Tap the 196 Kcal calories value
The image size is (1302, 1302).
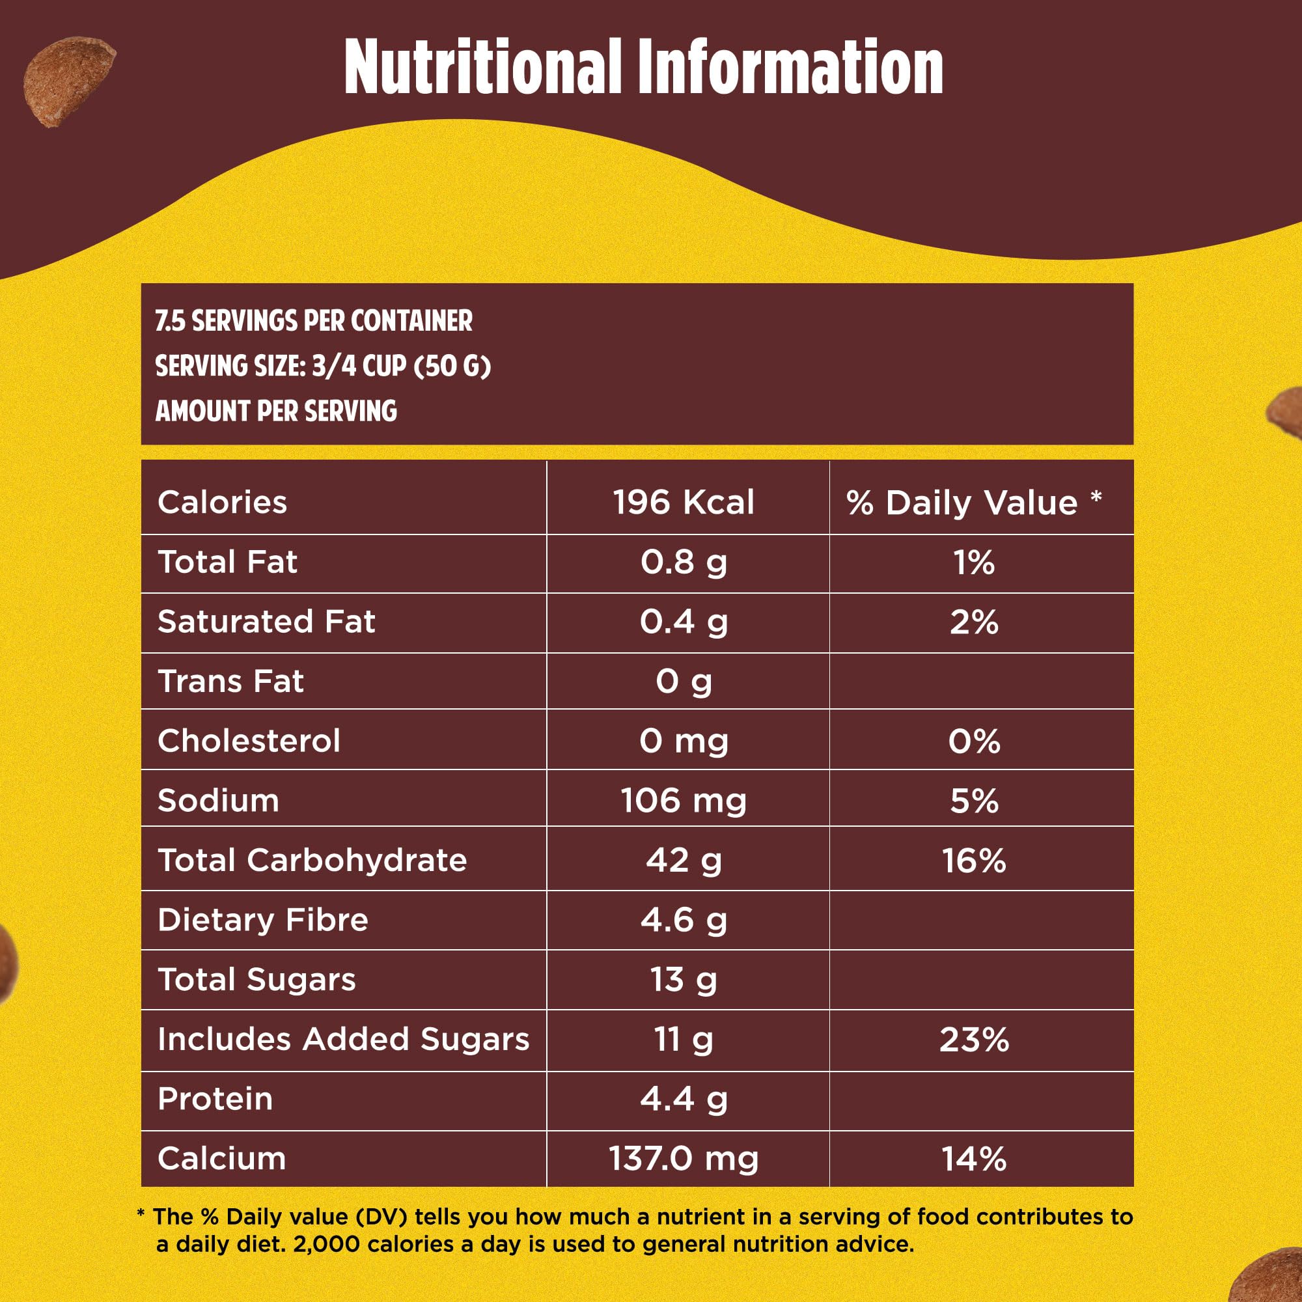coord(684,503)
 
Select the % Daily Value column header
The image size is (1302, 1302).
coord(973,503)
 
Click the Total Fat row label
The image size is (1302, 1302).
coord(227,562)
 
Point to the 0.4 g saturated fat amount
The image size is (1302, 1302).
coord(684,621)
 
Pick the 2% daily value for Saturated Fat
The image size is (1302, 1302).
coord(974,622)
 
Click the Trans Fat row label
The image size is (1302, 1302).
coord(230,682)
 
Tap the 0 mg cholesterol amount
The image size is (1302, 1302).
coord(684,741)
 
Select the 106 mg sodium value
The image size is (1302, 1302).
coord(684,801)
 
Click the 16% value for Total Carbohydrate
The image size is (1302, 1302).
coord(974,861)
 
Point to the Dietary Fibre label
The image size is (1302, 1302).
coord(263,920)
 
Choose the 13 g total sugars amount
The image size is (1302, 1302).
coord(684,979)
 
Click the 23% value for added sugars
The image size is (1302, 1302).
coord(974,1039)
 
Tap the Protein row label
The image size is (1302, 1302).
coord(215,1098)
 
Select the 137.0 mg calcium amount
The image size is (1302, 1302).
coord(684,1159)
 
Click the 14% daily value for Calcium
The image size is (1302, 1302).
coord(974,1159)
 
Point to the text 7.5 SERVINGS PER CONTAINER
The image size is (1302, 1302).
coord(313,321)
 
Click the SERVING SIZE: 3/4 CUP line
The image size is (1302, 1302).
coord(323,366)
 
